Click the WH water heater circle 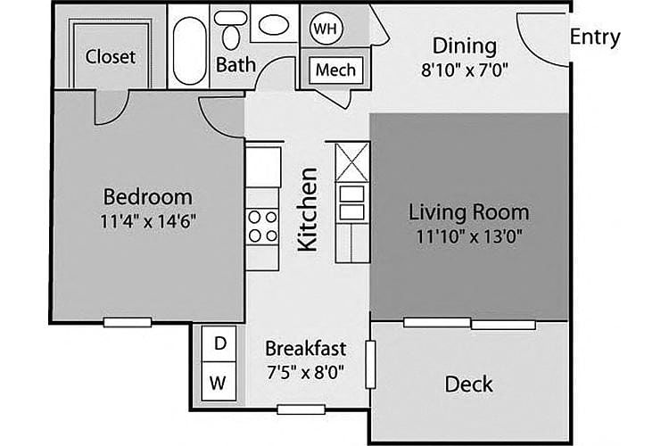326,29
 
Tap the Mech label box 335,70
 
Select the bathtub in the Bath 189,50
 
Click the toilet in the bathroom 231,29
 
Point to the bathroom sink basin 273,24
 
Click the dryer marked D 219,343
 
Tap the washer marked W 219,382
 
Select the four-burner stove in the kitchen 262,227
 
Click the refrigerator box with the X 352,162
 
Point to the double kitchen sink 352,202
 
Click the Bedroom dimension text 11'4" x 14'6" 148,221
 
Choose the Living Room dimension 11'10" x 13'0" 469,236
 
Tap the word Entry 595,37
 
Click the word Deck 468,384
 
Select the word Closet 110,56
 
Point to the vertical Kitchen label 307,209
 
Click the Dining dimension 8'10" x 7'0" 465,70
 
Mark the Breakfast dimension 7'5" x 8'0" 305,373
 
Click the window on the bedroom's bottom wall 128,322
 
